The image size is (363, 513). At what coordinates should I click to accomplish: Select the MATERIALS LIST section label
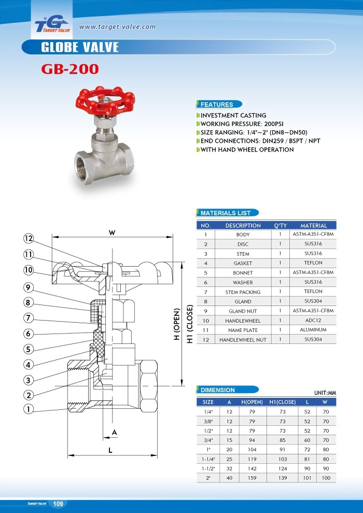[x=225, y=213]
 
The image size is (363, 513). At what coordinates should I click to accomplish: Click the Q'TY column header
[x=280, y=226]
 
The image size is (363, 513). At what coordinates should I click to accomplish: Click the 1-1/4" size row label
[x=208, y=459]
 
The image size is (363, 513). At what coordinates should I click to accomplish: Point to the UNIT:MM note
[x=325, y=393]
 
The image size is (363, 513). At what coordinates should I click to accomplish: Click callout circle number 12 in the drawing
[x=28, y=239]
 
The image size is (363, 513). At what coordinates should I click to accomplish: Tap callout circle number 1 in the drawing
[x=28, y=409]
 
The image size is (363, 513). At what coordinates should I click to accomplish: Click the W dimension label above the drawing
[x=112, y=233]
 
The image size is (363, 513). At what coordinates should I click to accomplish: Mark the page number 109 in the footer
[x=58, y=504]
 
